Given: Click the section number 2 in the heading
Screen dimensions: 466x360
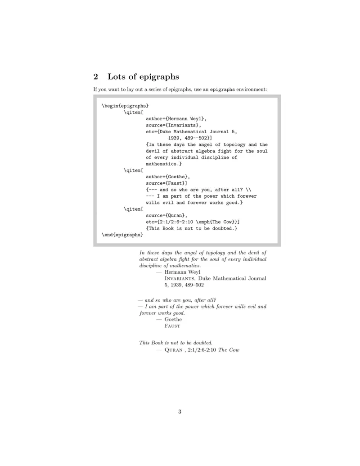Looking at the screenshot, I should pos(96,77).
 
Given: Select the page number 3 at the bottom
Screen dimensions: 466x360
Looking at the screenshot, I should pos(180,411).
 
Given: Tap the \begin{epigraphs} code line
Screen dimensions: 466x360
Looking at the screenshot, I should pos(125,106).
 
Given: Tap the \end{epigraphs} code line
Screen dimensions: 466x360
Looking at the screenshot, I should pos(122,235).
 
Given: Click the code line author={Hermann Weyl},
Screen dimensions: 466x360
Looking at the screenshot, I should pos(176,119).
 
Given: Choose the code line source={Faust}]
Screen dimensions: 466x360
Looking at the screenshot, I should pos(166,183).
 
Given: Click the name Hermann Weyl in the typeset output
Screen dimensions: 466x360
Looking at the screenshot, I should pos(182,272).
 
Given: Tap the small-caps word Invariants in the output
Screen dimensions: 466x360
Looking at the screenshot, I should pos(180,278).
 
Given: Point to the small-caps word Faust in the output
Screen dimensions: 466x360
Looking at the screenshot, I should pos(172,326).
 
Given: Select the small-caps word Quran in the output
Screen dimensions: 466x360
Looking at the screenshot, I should pos(173,350).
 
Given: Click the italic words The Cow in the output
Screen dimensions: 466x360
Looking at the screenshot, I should pos(229,350).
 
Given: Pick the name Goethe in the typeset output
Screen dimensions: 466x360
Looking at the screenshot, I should pos(173,319).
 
